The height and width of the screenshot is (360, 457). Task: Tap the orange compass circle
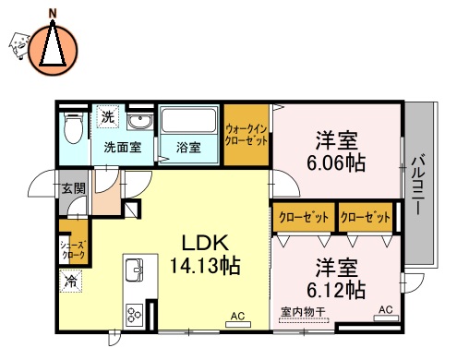point(52,50)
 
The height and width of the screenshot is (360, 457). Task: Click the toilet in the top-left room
point(74,129)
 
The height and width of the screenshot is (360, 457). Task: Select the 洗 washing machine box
point(108,117)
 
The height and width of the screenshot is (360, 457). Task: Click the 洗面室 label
point(122,147)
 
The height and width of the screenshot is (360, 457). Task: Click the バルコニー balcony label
point(419,184)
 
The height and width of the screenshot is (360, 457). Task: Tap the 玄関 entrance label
point(72,189)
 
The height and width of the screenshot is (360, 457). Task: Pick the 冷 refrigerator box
point(71,279)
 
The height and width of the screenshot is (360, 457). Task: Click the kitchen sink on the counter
point(133,270)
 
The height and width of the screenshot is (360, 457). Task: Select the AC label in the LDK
point(237,317)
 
